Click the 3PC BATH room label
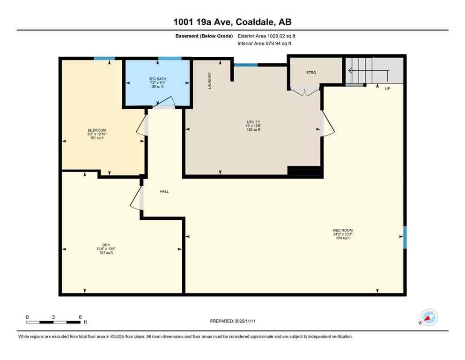[157, 78]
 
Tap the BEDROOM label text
[97, 130]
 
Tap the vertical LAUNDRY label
[210, 81]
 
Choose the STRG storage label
[311, 73]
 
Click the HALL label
[164, 191]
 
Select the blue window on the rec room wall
[405, 237]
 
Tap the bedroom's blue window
[104, 58]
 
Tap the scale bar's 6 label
[80, 317]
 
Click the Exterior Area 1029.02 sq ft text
[266, 36]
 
